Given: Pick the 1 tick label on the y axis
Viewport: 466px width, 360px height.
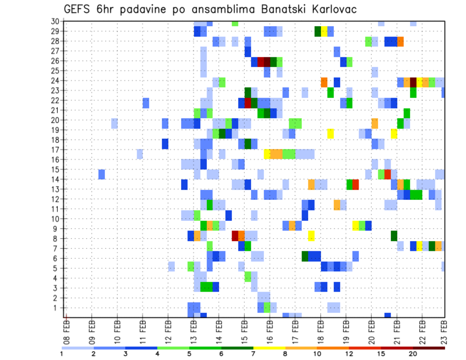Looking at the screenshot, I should coord(57,308).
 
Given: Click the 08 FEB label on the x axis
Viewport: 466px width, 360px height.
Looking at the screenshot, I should coord(67,329).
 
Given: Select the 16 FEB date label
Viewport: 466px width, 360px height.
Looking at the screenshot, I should coord(270,329).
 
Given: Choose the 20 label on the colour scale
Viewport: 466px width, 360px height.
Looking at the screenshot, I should coord(413,354).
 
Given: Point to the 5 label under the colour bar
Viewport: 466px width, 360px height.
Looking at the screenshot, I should coord(189,354).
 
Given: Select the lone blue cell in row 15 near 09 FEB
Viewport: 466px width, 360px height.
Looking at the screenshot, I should coord(102,174).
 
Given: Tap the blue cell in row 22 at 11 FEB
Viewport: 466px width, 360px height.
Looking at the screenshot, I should coord(146,103).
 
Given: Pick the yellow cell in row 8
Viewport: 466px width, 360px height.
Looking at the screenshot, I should coord(311,236).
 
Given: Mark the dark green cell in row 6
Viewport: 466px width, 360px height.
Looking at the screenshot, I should coord(305,256).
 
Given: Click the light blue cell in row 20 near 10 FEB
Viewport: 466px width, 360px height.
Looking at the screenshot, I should coord(115,123).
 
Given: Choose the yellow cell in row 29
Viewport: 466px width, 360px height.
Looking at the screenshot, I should coord(324,32).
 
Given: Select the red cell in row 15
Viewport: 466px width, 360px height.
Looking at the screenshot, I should coord(387,174).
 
